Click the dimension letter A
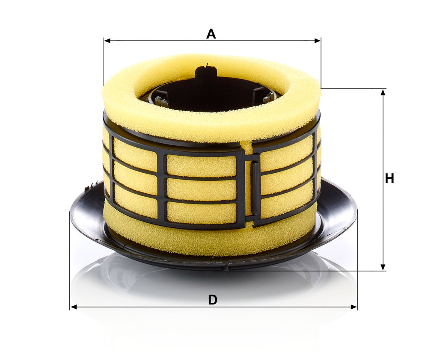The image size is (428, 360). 211,34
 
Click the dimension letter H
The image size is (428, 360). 389,179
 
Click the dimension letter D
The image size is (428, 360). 213,300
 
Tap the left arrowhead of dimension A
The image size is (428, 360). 107,41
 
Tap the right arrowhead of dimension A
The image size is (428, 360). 318,41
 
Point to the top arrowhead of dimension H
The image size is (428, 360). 383,92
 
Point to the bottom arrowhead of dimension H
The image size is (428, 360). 383,267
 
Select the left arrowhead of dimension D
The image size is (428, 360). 74,307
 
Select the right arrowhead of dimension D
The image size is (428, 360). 354,307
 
